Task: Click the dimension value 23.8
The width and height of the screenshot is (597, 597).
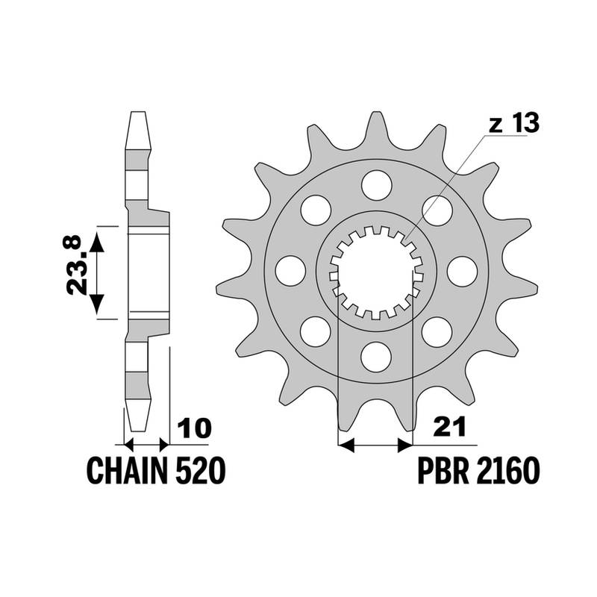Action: pyautogui.click(x=73, y=265)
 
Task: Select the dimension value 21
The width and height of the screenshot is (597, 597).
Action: pyautogui.click(x=450, y=428)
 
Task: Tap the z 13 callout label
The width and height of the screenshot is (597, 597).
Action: pyautogui.click(x=514, y=123)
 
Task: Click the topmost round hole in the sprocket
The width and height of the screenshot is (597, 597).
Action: pyautogui.click(x=377, y=185)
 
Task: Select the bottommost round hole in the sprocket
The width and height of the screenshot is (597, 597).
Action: pyautogui.click(x=376, y=357)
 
